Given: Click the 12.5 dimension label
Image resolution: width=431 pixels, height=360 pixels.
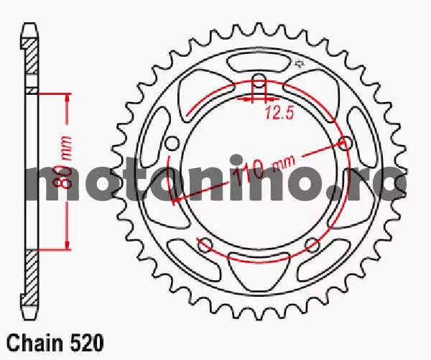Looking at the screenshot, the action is click(279, 113).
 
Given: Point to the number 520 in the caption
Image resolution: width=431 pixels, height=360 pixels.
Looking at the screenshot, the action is click(88, 343).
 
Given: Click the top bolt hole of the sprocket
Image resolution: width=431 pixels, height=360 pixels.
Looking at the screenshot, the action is click(259, 80).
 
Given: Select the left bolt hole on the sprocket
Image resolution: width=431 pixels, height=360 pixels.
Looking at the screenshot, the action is click(173, 143).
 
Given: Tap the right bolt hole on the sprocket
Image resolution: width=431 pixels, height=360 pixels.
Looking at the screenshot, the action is click(345, 143).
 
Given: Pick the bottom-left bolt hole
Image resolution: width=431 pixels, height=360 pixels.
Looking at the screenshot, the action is click(205, 244).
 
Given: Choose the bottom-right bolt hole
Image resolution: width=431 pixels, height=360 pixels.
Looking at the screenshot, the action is click(312, 244).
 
